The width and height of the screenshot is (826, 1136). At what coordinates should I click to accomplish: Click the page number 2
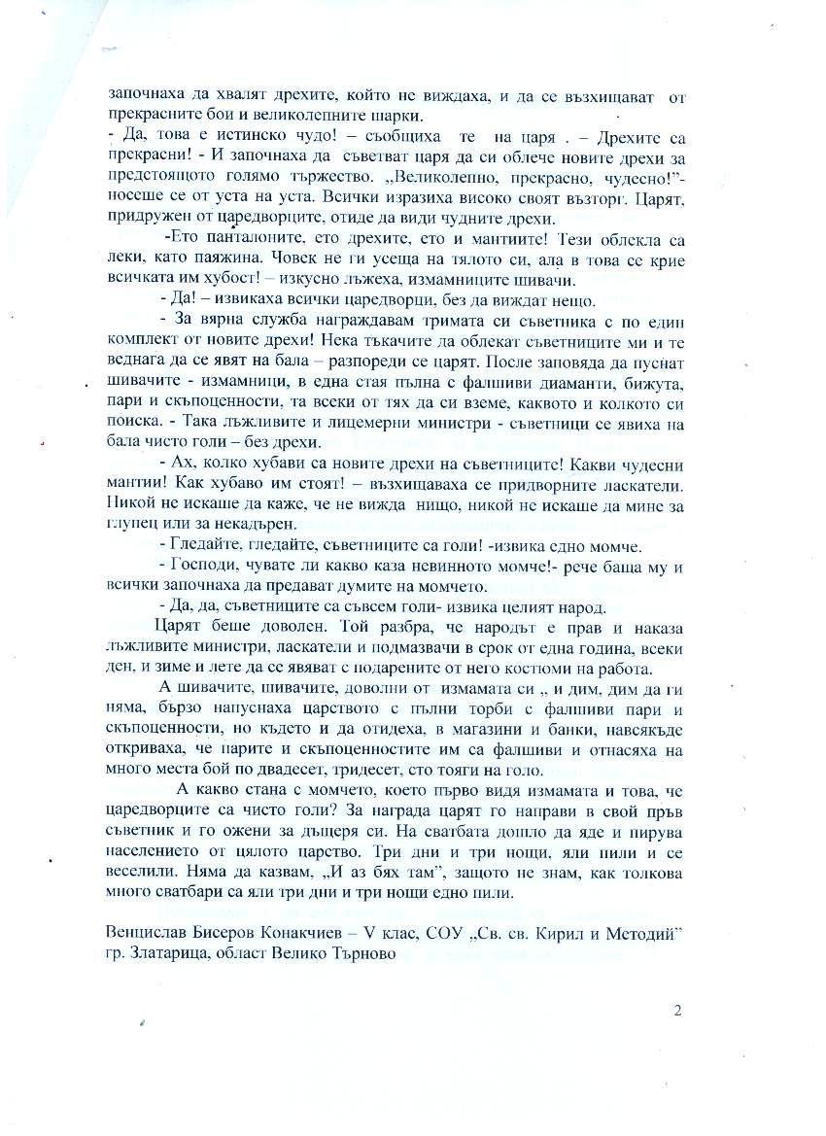point(676,1010)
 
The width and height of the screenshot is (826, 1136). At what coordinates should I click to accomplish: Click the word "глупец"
point(130,523)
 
